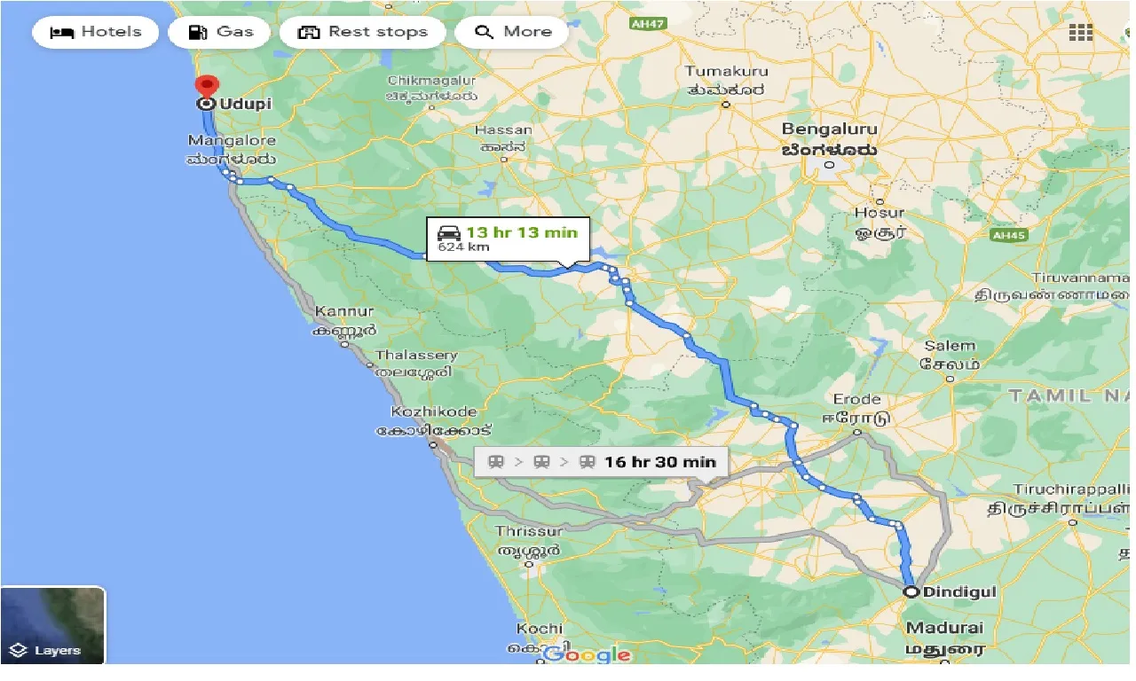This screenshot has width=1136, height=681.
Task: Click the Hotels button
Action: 96,32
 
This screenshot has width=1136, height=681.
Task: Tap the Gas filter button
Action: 222,32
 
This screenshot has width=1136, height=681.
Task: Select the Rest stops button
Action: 362,32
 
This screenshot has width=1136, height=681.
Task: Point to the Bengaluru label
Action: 829,129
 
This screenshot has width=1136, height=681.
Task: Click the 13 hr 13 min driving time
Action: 521,233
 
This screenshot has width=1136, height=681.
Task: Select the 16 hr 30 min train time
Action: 659,462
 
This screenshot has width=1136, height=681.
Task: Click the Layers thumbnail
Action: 53,625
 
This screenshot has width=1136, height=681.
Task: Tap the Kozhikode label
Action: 434,412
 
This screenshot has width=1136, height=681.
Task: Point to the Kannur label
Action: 344,312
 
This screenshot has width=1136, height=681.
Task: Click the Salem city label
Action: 949,347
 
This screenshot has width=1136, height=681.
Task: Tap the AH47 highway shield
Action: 640,23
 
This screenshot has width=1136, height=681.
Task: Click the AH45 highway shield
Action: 1011,235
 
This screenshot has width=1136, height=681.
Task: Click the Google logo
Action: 587,655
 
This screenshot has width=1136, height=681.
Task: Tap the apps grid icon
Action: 1080,32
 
